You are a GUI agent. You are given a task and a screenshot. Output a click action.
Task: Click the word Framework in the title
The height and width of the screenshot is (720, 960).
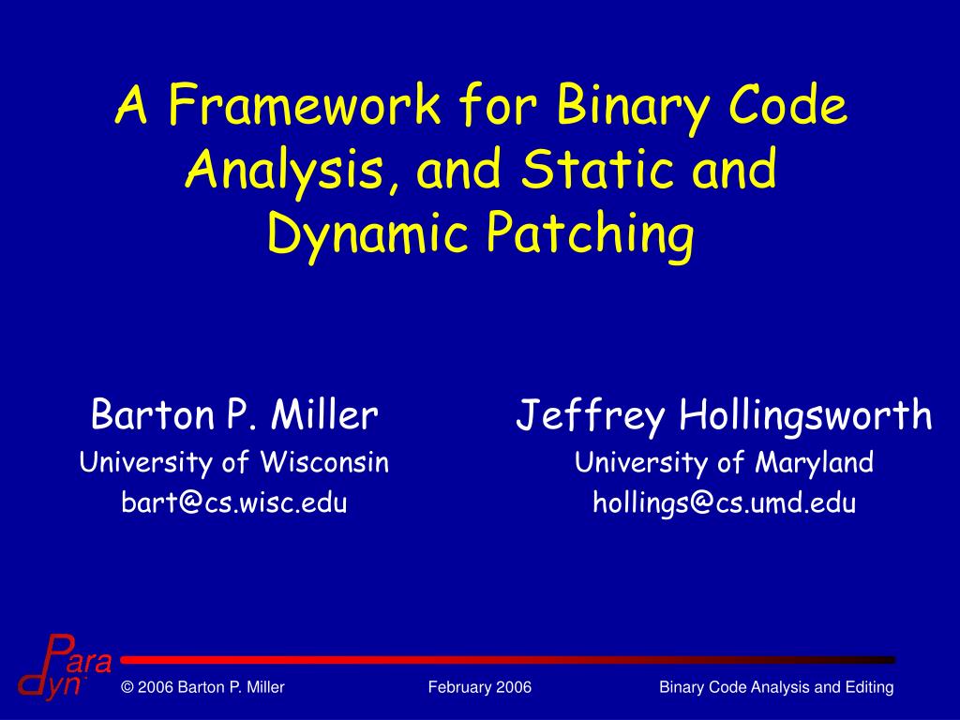click(x=306, y=107)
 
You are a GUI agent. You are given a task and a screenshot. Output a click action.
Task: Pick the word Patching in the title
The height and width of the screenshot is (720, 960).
click(x=590, y=234)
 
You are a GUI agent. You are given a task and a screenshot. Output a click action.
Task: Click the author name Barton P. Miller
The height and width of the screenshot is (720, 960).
click(x=234, y=415)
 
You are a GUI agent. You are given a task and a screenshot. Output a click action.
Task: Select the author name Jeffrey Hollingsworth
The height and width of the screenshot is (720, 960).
click(x=724, y=415)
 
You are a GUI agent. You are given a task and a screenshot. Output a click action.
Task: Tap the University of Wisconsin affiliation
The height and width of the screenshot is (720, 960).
click(x=234, y=462)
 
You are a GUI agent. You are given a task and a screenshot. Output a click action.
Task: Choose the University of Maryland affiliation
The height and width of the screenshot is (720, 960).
click(x=724, y=462)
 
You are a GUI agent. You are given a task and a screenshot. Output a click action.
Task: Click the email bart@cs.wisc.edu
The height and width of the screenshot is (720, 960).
click(x=234, y=503)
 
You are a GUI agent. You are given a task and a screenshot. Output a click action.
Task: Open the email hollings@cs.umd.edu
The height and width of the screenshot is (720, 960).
click(x=724, y=503)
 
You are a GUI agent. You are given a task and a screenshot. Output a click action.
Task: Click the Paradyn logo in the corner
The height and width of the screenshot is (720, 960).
click(x=64, y=668)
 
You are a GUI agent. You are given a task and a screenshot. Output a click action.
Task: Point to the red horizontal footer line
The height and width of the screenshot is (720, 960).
click(x=506, y=660)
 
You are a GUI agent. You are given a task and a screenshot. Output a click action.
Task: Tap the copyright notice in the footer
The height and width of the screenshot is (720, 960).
click(x=202, y=688)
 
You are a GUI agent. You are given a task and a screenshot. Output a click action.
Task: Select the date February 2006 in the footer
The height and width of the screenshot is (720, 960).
click(x=480, y=688)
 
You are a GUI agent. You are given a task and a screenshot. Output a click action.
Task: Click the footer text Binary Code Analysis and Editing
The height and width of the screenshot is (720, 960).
click(x=776, y=688)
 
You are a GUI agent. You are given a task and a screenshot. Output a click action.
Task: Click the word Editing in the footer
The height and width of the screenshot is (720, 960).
click(x=871, y=688)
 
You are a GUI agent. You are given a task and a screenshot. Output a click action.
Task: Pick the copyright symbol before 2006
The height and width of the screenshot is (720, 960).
click(x=127, y=688)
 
